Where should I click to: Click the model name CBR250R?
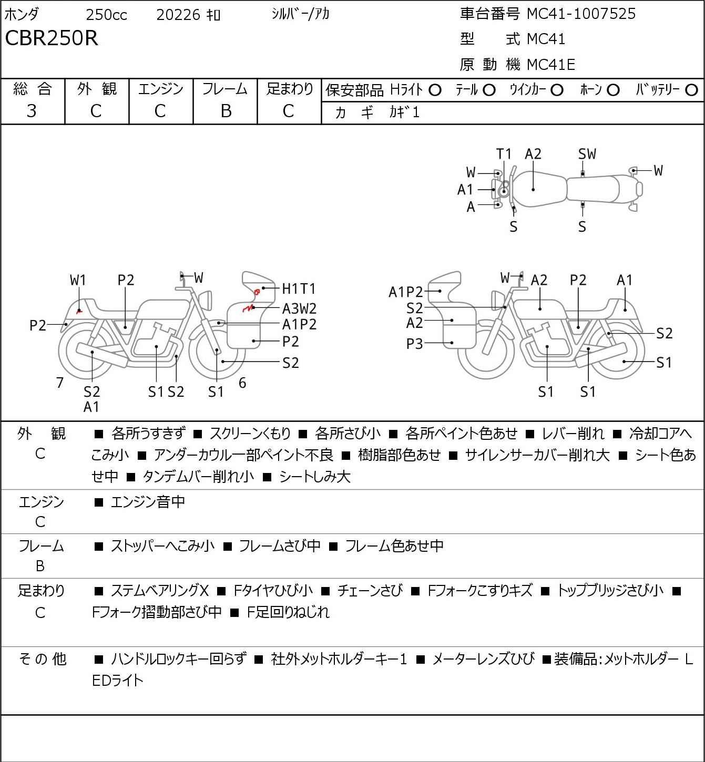(x=52, y=38)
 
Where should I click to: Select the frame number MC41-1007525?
(x=581, y=14)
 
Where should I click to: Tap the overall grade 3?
(x=32, y=111)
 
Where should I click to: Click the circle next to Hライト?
(x=435, y=90)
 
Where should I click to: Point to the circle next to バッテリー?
(x=691, y=90)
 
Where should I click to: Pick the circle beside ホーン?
(x=613, y=90)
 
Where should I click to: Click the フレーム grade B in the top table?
(x=226, y=111)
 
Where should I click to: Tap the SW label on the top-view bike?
(x=587, y=154)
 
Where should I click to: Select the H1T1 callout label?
(x=299, y=289)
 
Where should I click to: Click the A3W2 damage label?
(x=299, y=308)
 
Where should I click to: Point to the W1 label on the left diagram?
(x=78, y=280)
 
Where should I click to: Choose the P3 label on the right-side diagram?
(x=414, y=344)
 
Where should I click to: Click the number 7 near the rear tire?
(x=59, y=383)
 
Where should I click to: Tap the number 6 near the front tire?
(x=242, y=383)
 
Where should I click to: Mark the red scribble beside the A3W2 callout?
(x=248, y=308)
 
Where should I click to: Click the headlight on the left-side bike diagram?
(x=206, y=301)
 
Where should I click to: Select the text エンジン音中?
(x=148, y=502)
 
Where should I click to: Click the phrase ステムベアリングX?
(x=160, y=591)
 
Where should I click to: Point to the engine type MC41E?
(x=550, y=65)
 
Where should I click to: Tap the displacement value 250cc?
(x=106, y=15)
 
